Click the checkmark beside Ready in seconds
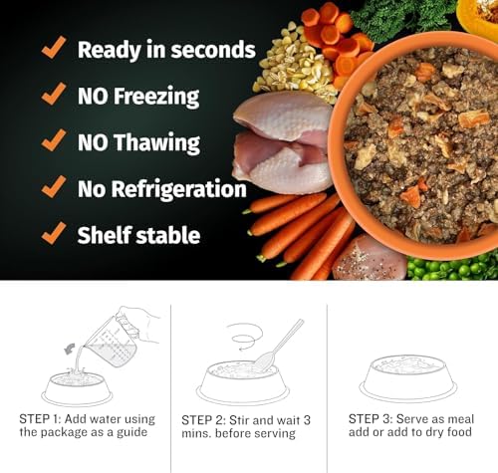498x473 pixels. coord(54,48)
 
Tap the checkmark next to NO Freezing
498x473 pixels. coord(54,94)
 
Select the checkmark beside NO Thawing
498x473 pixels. coord(54,140)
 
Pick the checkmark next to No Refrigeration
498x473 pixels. coord(54,187)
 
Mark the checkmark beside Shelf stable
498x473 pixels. coord(54,233)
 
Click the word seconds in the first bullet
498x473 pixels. coord(213,50)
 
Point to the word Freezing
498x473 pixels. coord(156,97)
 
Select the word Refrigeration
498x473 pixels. coord(178,189)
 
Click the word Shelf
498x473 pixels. coord(105,235)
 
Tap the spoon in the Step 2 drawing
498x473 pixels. coord(278,346)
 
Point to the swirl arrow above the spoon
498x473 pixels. coord(245,336)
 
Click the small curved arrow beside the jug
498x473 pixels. coord(70,350)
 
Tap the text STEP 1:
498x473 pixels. coord(40,419)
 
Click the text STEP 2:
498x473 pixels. coord(202,420)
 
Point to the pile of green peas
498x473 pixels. coord(453,267)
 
